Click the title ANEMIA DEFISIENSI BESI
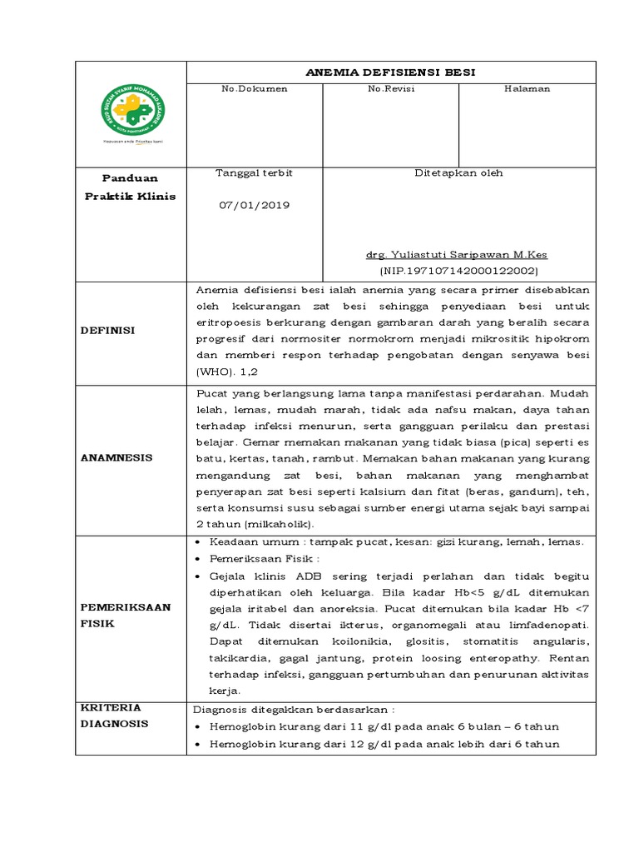pyautogui.click(x=391, y=72)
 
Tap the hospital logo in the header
pyautogui.click(x=132, y=112)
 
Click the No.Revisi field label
pyautogui.click(x=391, y=89)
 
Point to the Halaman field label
pyautogui.click(x=527, y=89)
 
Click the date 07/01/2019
pyautogui.click(x=254, y=205)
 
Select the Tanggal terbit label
pyautogui.click(x=254, y=173)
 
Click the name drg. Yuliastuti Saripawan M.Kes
pyautogui.click(x=457, y=255)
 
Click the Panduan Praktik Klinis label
pyautogui.click(x=130, y=187)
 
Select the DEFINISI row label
pyautogui.click(x=107, y=331)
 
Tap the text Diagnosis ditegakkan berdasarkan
pyautogui.click(x=293, y=710)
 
